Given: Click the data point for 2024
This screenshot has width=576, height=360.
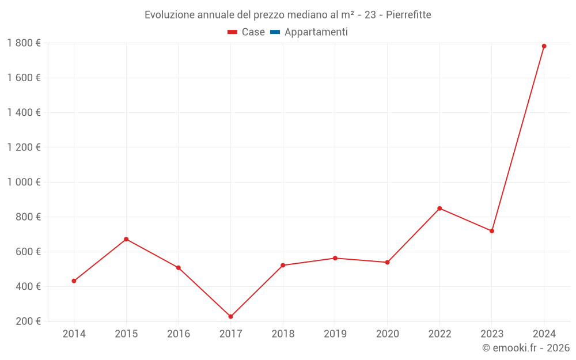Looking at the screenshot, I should [x=544, y=46].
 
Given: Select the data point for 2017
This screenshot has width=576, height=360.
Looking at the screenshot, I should [x=230, y=316].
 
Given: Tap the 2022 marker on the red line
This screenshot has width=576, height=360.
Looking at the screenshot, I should [x=439, y=209].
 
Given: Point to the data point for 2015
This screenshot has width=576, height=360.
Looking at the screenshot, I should [x=126, y=239].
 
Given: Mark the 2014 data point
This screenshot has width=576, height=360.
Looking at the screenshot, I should [x=74, y=281].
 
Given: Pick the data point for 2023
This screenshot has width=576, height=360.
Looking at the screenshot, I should [x=492, y=231].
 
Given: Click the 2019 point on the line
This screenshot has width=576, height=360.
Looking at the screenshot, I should [x=335, y=258].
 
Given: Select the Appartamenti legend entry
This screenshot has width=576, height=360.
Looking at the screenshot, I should [x=316, y=32].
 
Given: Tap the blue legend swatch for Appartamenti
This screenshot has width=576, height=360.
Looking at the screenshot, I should [x=275, y=32].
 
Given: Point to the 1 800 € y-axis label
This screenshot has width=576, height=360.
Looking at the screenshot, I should [x=24, y=43].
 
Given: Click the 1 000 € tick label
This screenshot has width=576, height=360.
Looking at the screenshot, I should [x=24, y=182].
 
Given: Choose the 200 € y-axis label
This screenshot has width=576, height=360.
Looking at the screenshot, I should [x=28, y=321].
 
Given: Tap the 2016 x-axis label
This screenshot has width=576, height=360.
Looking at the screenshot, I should [x=179, y=334].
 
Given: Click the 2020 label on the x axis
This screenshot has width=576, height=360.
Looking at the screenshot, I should [x=387, y=334].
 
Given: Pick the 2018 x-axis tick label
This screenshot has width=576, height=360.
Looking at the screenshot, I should [x=283, y=334].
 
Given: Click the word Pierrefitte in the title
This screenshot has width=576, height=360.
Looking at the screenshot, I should [x=408, y=15].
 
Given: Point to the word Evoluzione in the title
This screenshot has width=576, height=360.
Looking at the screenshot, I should [x=170, y=15].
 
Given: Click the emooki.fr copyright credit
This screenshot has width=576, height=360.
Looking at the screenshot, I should [x=526, y=348].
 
